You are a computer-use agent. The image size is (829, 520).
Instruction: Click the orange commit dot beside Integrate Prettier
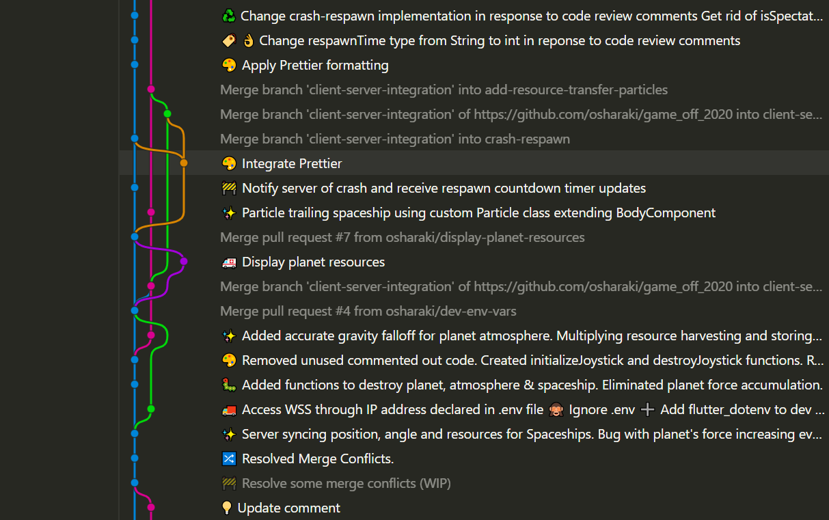tap(184, 163)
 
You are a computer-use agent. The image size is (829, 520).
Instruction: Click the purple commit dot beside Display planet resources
tap(184, 262)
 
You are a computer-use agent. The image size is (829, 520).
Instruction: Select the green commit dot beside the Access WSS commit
tap(151, 409)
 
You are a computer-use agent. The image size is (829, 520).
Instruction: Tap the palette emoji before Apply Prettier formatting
tap(229, 66)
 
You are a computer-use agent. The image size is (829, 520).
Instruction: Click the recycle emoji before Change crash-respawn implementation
tap(229, 16)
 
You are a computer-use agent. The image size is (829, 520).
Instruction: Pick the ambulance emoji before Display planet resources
tap(229, 262)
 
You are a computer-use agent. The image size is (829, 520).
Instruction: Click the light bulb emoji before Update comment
tap(228, 508)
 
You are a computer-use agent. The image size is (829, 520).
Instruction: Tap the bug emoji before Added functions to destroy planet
tap(229, 385)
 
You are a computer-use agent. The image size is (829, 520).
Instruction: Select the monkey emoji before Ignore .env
tap(556, 410)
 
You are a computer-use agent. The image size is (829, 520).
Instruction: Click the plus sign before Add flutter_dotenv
tap(648, 410)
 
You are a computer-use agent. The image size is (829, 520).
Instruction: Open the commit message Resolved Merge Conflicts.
tap(318, 459)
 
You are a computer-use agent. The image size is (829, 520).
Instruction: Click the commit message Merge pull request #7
tap(402, 238)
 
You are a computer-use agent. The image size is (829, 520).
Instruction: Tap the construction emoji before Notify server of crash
tap(229, 189)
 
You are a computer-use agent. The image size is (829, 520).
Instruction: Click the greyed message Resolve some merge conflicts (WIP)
tap(346, 484)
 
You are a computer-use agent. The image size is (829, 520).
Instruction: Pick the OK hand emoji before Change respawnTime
tap(248, 41)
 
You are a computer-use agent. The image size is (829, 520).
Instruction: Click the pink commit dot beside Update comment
tap(151, 507)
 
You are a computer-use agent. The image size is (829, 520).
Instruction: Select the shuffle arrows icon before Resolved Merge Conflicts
tap(229, 459)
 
